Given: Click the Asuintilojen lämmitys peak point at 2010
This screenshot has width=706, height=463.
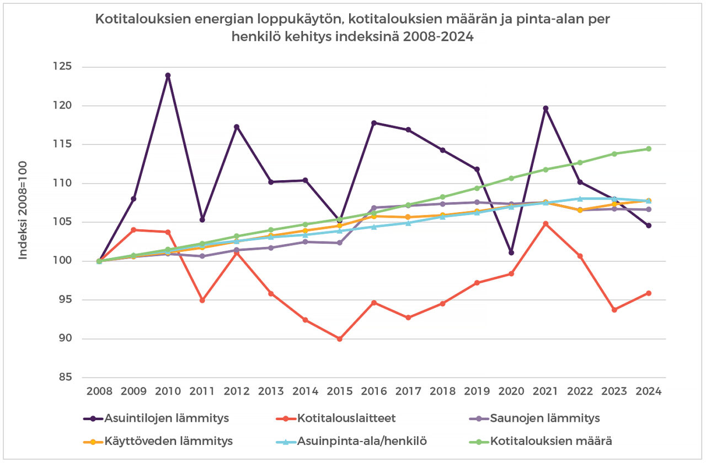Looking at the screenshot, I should (168, 76).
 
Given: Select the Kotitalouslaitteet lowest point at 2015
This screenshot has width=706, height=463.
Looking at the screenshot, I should (339, 339).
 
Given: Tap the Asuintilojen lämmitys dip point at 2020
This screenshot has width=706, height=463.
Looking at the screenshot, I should (511, 252).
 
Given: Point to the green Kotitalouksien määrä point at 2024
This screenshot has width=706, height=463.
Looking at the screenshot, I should (649, 149).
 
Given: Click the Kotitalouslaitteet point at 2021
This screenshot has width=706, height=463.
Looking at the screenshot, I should (545, 224).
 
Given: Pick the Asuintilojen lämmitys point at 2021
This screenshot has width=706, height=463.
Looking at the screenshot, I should (545, 109).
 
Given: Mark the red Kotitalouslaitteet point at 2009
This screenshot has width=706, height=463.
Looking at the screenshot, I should (133, 230).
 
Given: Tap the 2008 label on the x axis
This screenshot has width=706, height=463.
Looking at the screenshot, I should (99, 391).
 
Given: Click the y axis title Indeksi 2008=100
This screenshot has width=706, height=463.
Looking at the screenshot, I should (23, 222).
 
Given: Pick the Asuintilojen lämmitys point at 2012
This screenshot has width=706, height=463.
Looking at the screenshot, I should (237, 127).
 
